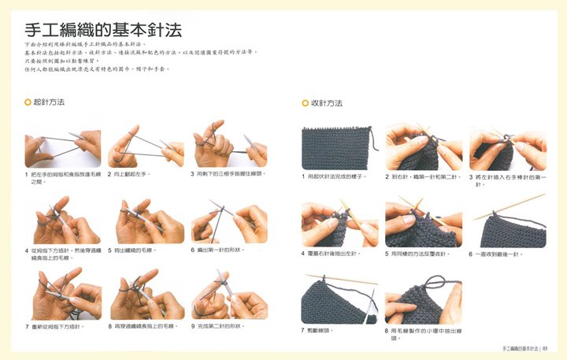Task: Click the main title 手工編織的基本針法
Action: (98, 31)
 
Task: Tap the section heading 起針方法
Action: (49, 102)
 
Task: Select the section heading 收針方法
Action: (326, 103)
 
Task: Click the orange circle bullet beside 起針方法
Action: (28, 102)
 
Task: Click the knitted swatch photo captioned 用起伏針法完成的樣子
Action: (335, 147)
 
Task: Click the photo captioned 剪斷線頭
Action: (335, 299)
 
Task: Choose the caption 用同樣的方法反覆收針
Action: (421, 254)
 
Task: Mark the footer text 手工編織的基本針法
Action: (519, 347)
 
